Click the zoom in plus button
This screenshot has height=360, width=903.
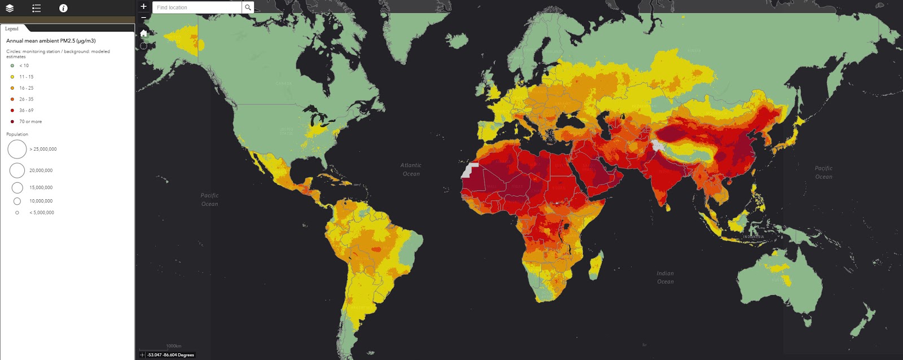pyautogui.click(x=143, y=7)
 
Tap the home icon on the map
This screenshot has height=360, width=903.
pyautogui.click(x=143, y=33)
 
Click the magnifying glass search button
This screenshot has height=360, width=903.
pyautogui.click(x=248, y=7)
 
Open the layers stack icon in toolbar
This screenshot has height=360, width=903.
pyautogui.click(x=10, y=8)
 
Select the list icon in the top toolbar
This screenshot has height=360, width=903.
pyautogui.click(x=37, y=8)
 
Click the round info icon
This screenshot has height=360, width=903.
pyautogui.click(x=63, y=8)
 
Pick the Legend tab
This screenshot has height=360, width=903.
pyautogui.click(x=12, y=29)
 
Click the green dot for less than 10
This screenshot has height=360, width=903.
pyautogui.click(x=12, y=65)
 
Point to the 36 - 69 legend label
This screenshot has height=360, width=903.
pyautogui.click(x=27, y=110)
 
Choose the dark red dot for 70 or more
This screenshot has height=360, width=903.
pyautogui.click(x=12, y=121)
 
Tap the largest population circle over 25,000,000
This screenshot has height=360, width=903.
pyautogui.click(x=17, y=149)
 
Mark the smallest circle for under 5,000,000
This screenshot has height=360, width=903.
pyautogui.click(x=17, y=213)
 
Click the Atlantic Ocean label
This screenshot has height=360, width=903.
pyautogui.click(x=411, y=169)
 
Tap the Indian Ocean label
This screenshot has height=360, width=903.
pyautogui.click(x=665, y=277)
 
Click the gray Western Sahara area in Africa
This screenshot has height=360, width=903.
pyautogui.click(x=469, y=170)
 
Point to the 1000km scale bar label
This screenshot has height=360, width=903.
pyautogui.click(x=174, y=346)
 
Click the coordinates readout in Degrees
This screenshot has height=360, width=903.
pyautogui.click(x=170, y=355)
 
